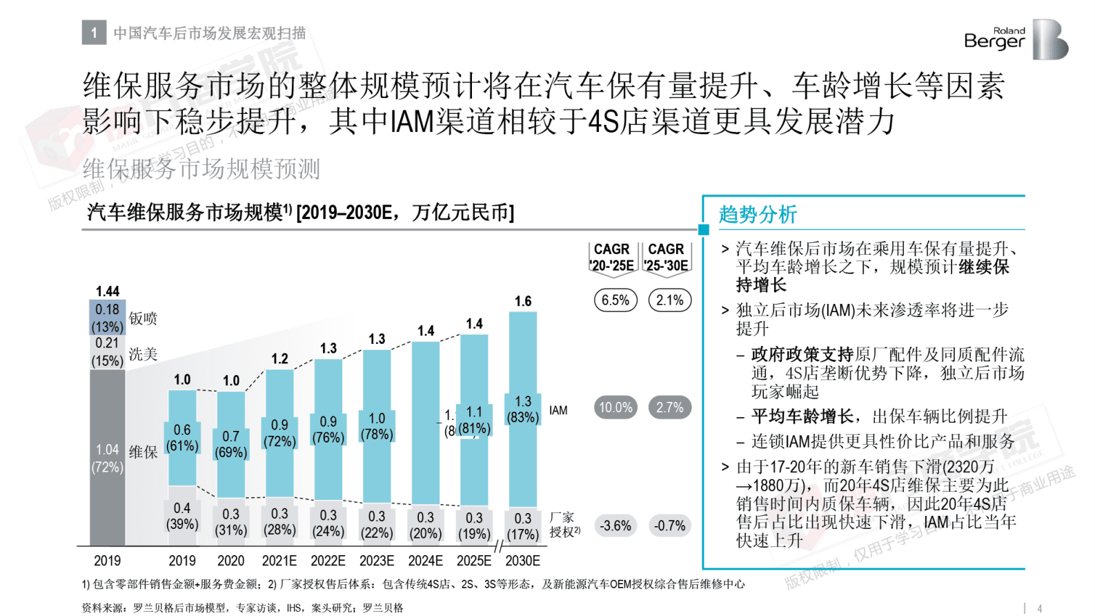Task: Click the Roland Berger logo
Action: [x=1015, y=39]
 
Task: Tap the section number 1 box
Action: [x=94, y=32]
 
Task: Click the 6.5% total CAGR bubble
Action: [x=615, y=300]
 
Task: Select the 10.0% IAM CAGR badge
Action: [x=615, y=407]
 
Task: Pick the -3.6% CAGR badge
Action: [x=615, y=526]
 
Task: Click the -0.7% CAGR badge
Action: [x=669, y=526]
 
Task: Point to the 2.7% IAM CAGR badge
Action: [x=669, y=407]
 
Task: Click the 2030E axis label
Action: [x=522, y=561]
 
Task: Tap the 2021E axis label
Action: [x=279, y=561]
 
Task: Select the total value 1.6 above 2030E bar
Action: [x=522, y=301]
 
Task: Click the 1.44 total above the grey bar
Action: [x=108, y=291]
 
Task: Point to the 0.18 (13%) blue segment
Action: [x=108, y=318]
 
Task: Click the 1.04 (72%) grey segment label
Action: [x=108, y=459]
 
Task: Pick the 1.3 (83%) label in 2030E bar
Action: [x=522, y=410]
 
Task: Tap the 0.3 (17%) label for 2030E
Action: [x=522, y=526]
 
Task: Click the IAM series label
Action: [x=558, y=410]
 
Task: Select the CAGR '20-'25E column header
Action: [x=612, y=257]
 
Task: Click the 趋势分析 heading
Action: [x=758, y=214]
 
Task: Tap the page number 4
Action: [x=1039, y=608]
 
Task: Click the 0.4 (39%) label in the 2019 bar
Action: [x=182, y=516]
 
